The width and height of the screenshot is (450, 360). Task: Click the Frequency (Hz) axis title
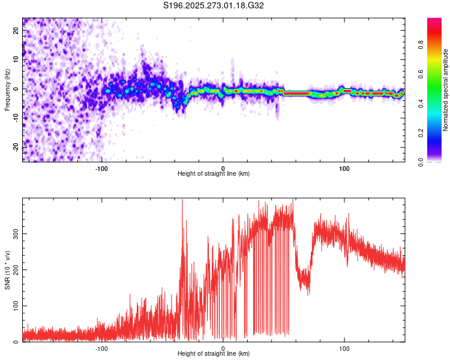pos(7,89)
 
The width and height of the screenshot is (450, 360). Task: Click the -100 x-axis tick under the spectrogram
pos(101,168)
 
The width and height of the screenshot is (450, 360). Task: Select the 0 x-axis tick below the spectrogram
pos(223,168)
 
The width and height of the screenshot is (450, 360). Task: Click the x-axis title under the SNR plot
pos(214,354)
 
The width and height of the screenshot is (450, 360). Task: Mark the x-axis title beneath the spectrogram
pos(214,174)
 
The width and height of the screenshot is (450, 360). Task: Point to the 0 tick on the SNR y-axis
pos(17,342)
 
